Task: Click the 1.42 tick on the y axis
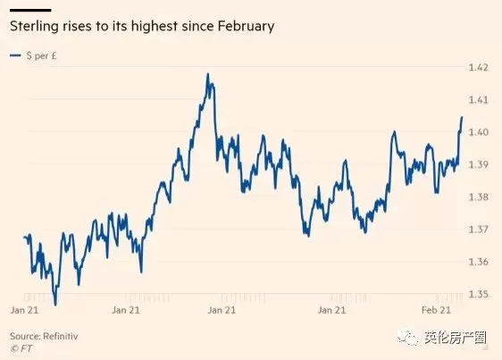click(479, 68)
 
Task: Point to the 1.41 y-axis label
click(479, 100)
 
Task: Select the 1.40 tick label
click(479, 132)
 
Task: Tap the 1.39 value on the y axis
click(479, 164)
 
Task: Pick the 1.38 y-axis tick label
click(479, 197)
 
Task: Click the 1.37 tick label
click(479, 230)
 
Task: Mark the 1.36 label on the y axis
click(479, 262)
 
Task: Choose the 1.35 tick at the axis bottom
click(479, 294)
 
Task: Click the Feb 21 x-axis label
click(436, 310)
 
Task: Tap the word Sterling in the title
click(34, 26)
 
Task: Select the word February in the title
click(246, 26)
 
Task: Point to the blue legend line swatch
click(15, 55)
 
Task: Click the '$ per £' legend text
click(42, 55)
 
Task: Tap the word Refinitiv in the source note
click(61, 336)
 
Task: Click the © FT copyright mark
click(21, 348)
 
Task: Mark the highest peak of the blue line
click(208, 74)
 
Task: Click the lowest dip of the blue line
click(55, 305)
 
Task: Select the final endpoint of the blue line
click(462, 117)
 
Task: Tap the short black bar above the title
click(30, 10)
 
